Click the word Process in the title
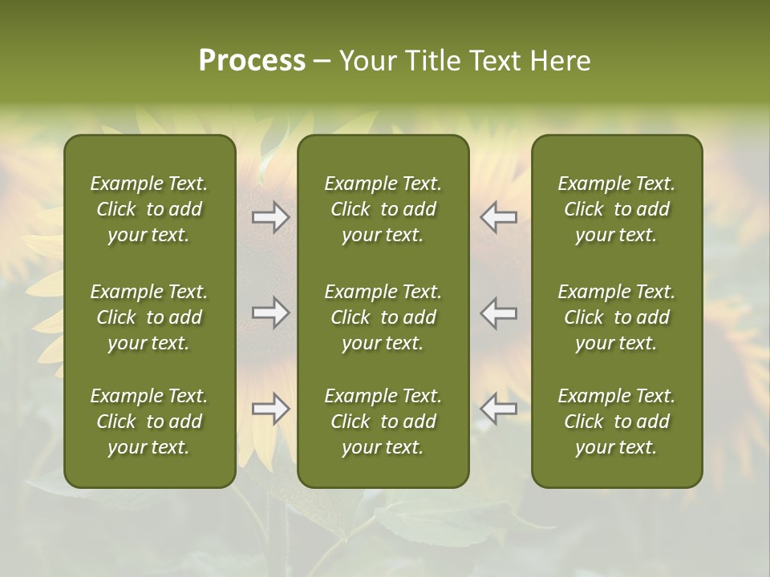[252, 61]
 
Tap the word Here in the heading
[561, 61]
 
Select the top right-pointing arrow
[271, 217]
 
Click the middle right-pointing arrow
[271, 313]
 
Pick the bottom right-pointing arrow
[271, 409]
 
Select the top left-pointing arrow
[498, 217]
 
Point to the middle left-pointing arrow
[498, 313]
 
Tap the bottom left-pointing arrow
[498, 409]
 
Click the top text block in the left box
[149, 209]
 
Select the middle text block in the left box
[149, 317]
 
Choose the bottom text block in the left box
[149, 422]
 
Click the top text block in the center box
[383, 209]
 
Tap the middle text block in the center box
[383, 317]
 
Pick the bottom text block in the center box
[383, 422]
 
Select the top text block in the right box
[616, 209]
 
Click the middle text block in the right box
[616, 317]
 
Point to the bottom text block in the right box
[616, 422]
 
